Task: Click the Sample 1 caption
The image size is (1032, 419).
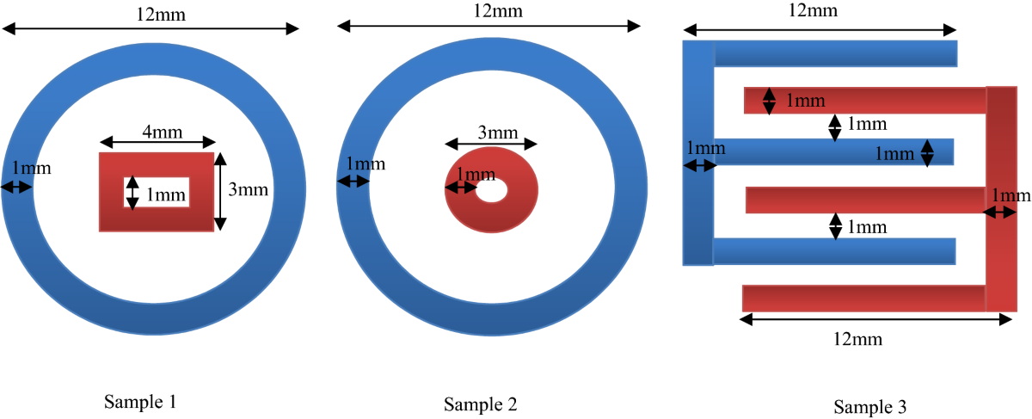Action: tap(140, 401)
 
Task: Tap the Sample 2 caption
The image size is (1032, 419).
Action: tap(481, 404)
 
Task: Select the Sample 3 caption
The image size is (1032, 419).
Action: tap(869, 406)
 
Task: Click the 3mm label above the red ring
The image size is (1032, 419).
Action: tap(497, 132)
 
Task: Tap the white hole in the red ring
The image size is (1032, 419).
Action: tap(492, 190)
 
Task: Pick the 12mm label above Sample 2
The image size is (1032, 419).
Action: tap(497, 10)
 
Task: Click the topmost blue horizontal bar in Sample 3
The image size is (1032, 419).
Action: tap(834, 53)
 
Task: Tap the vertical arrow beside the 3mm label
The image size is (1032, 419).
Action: tap(220, 191)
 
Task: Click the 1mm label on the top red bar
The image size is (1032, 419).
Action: tap(805, 101)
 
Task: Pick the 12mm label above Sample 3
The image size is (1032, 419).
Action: tap(814, 10)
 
